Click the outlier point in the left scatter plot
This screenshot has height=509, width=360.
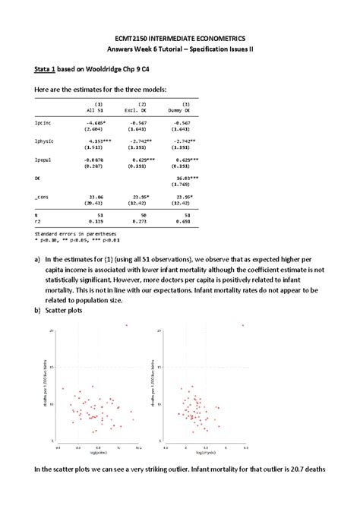pos(127,324)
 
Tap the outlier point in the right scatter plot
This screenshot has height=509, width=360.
pos(243,325)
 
